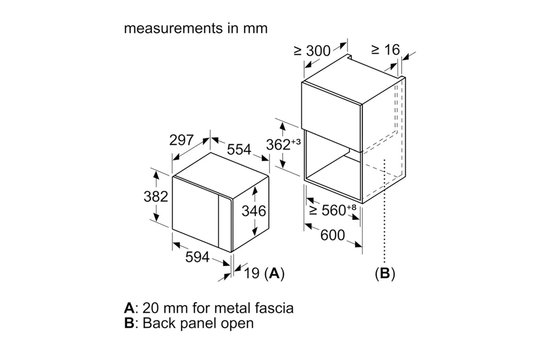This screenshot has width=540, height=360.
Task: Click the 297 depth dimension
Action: (x=181, y=140)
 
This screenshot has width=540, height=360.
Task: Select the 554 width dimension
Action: (x=239, y=149)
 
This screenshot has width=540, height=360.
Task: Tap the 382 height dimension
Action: (x=156, y=197)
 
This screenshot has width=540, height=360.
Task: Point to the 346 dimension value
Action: (x=254, y=211)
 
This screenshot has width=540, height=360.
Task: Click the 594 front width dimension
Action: (x=197, y=257)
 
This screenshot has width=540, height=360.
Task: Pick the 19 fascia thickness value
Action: (x=252, y=273)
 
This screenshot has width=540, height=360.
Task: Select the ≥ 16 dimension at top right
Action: (x=386, y=50)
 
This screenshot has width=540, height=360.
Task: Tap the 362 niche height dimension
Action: (x=278, y=144)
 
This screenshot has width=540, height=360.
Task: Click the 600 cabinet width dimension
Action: (x=332, y=235)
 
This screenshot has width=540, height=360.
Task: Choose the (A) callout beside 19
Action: (x=274, y=274)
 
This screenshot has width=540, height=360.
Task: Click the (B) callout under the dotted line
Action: (x=385, y=274)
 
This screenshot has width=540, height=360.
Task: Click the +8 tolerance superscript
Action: (x=351, y=207)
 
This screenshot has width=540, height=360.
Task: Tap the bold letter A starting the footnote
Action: (x=129, y=308)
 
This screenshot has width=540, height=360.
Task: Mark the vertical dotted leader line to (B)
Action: (x=385, y=216)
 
